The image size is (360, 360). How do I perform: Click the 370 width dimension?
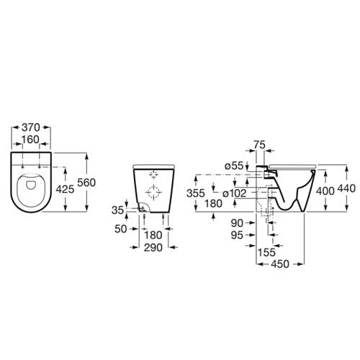(31, 127)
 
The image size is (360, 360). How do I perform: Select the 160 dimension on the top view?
(30, 140)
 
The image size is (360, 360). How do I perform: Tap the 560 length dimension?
(86, 183)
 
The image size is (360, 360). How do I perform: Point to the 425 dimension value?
(65, 189)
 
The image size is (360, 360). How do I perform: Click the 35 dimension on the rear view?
(118, 210)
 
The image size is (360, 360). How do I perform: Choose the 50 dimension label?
(120, 229)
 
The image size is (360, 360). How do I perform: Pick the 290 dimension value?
(153, 248)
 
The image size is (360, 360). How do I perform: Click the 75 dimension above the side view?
(259, 145)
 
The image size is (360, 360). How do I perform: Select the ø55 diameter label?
(234, 166)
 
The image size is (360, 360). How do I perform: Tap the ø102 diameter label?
(235, 194)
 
